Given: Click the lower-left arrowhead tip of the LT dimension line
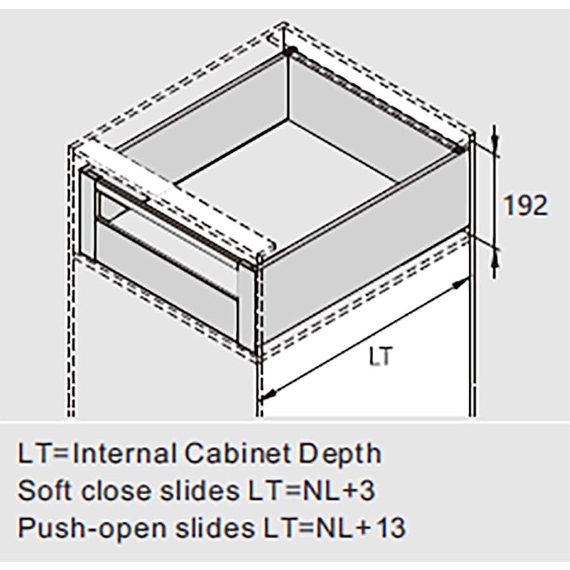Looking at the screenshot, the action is coord(261,399).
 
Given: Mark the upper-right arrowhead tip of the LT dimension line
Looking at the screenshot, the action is coord(469,279).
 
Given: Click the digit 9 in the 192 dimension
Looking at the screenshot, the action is coord(525,206).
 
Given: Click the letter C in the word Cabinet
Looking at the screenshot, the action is coord(194,453).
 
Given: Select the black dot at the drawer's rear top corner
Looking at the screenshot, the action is coord(289,51).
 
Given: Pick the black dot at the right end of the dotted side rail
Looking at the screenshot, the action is coord(461,149).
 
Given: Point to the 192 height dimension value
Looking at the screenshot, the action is coord(525,206).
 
